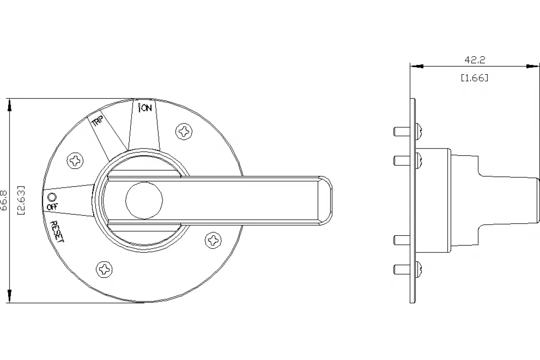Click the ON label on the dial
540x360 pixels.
click(x=147, y=108)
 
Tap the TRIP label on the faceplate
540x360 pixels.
click(x=98, y=121)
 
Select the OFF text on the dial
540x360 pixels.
click(x=52, y=207)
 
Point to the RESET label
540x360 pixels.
click(x=57, y=231)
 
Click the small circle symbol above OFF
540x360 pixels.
click(x=52, y=197)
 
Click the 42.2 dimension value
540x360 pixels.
click(x=475, y=60)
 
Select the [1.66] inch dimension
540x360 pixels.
click(x=474, y=78)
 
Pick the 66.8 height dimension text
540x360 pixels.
click(x=4, y=200)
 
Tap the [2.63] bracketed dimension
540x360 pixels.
click(x=22, y=200)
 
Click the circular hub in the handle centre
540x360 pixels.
click(x=144, y=200)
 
